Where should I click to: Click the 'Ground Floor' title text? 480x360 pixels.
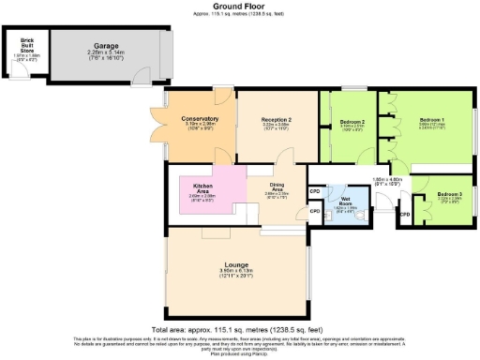tap(239, 7)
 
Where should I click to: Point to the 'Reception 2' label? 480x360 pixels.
tap(276, 119)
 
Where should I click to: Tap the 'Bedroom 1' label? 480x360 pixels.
tap(432, 121)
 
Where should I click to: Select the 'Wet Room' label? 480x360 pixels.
tap(347, 199)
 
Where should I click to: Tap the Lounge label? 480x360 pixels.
tap(236, 265)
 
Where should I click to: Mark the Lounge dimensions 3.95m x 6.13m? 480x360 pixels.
tap(236, 274)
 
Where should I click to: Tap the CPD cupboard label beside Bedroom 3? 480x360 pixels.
tap(404, 214)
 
